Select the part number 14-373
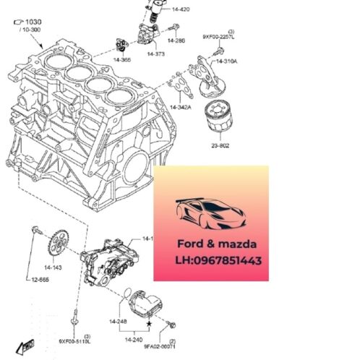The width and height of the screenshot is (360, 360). pos(156,53)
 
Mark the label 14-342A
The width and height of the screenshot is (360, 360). pos(180,107)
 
